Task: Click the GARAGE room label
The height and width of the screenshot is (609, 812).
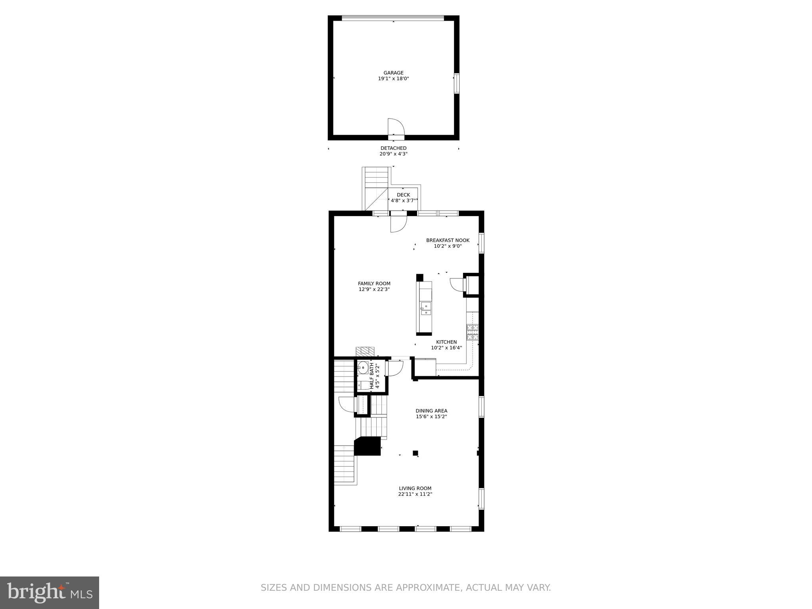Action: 393,73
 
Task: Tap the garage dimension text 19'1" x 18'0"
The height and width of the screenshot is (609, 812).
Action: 393,79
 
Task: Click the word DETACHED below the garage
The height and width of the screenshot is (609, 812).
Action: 393,148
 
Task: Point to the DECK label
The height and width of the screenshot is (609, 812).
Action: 403,195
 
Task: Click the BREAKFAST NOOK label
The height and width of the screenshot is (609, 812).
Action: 448,240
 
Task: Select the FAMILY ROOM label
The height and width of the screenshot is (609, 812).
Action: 374,283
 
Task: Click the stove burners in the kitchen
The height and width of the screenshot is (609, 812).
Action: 472,332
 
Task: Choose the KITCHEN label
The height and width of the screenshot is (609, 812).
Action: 446,342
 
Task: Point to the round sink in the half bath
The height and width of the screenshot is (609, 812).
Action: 362,368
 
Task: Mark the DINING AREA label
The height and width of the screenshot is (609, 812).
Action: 431,411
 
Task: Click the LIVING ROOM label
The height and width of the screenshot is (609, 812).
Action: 415,488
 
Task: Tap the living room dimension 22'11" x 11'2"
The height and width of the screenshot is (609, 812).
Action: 415,494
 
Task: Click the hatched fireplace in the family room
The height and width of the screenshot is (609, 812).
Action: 365,352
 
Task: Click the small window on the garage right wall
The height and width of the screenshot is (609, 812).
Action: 456,83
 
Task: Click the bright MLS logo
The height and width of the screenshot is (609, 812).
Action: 50,592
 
